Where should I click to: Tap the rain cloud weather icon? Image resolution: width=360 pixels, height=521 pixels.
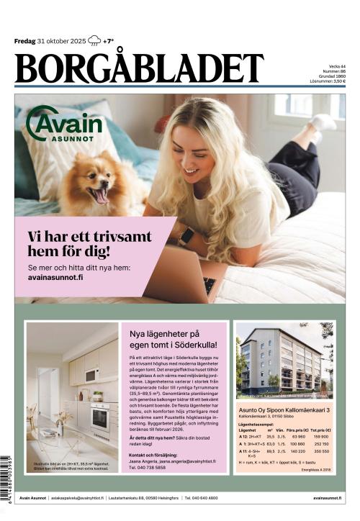pos(94,41)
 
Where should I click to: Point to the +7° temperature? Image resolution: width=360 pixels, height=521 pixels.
pos(108,41)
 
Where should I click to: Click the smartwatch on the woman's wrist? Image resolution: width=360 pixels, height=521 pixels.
pos(185,236)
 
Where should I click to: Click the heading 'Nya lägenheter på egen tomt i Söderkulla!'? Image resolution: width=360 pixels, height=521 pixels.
pos(174,339)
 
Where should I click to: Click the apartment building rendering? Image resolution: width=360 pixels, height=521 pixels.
pos(284,361)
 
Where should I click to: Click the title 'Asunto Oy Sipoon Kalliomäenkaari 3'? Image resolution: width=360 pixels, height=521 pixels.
pos(284,409)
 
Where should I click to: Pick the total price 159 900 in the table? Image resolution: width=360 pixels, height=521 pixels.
pos(320,436)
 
